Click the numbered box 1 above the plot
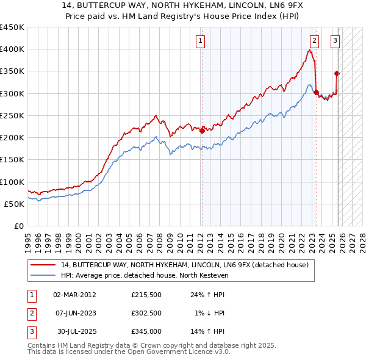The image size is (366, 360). tap(200, 41)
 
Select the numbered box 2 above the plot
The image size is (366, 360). tap(314, 41)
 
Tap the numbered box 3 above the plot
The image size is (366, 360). tap(335, 41)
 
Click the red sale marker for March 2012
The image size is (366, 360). tap(202, 130)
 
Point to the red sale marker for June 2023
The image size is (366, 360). tap(316, 92)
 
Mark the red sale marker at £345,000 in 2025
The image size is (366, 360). tap(337, 73)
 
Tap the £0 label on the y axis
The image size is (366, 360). tap(18, 226)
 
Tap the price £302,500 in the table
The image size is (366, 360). tap(146, 313)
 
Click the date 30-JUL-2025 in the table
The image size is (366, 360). tap(74, 332)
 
